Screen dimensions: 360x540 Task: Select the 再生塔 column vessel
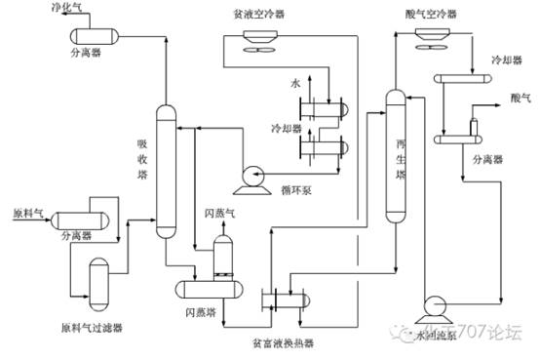(394, 156)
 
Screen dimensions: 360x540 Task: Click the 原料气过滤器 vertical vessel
(99, 280)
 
